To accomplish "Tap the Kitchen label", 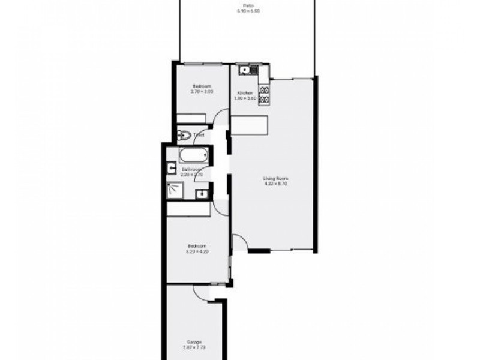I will point(244,93).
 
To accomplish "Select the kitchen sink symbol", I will point(244,71).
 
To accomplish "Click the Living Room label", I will point(276,178).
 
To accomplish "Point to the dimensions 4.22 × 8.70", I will point(276,184).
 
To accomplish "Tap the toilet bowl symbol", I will point(184,136).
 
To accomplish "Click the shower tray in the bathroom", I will point(178,190).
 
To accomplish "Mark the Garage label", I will point(194,341).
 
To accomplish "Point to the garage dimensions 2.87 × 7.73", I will point(194,347).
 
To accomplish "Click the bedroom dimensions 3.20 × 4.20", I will point(197,251).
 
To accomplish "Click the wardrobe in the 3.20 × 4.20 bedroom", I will point(188,209).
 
